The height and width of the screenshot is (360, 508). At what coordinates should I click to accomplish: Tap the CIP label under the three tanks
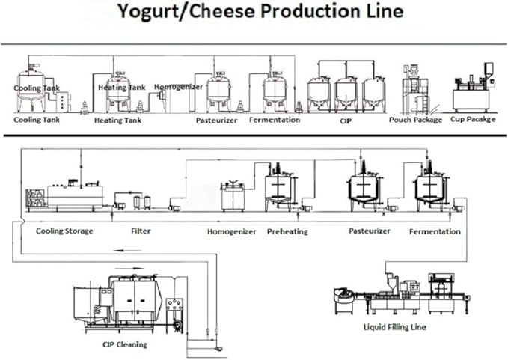click(346, 119)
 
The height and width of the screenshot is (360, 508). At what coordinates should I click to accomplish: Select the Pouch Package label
click(415, 120)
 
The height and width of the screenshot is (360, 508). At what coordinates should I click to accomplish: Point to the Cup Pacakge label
click(472, 120)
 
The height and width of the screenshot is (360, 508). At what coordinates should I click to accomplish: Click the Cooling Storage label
click(64, 231)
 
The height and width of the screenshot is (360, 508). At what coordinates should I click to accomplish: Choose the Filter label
click(141, 231)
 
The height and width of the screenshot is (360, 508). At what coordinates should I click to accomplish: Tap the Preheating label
click(287, 232)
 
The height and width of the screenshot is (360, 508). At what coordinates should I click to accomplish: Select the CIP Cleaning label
click(125, 344)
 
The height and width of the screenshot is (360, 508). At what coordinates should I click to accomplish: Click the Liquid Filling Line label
click(396, 328)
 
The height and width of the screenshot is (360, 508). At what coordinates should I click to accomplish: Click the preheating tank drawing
click(281, 187)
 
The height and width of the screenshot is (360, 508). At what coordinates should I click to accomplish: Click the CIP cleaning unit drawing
click(127, 303)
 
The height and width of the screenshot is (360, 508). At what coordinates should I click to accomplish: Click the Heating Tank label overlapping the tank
click(121, 88)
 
